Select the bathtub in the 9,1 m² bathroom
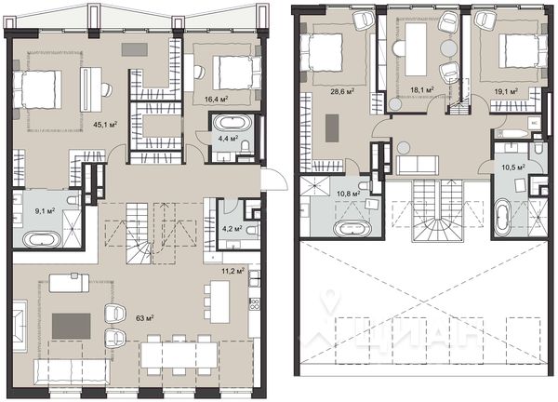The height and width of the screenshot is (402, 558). pyautogui.click(x=41, y=239)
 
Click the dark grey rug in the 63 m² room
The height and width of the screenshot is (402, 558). pyautogui.click(x=70, y=326)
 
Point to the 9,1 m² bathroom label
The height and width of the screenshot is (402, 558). pyautogui.click(x=44, y=210)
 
